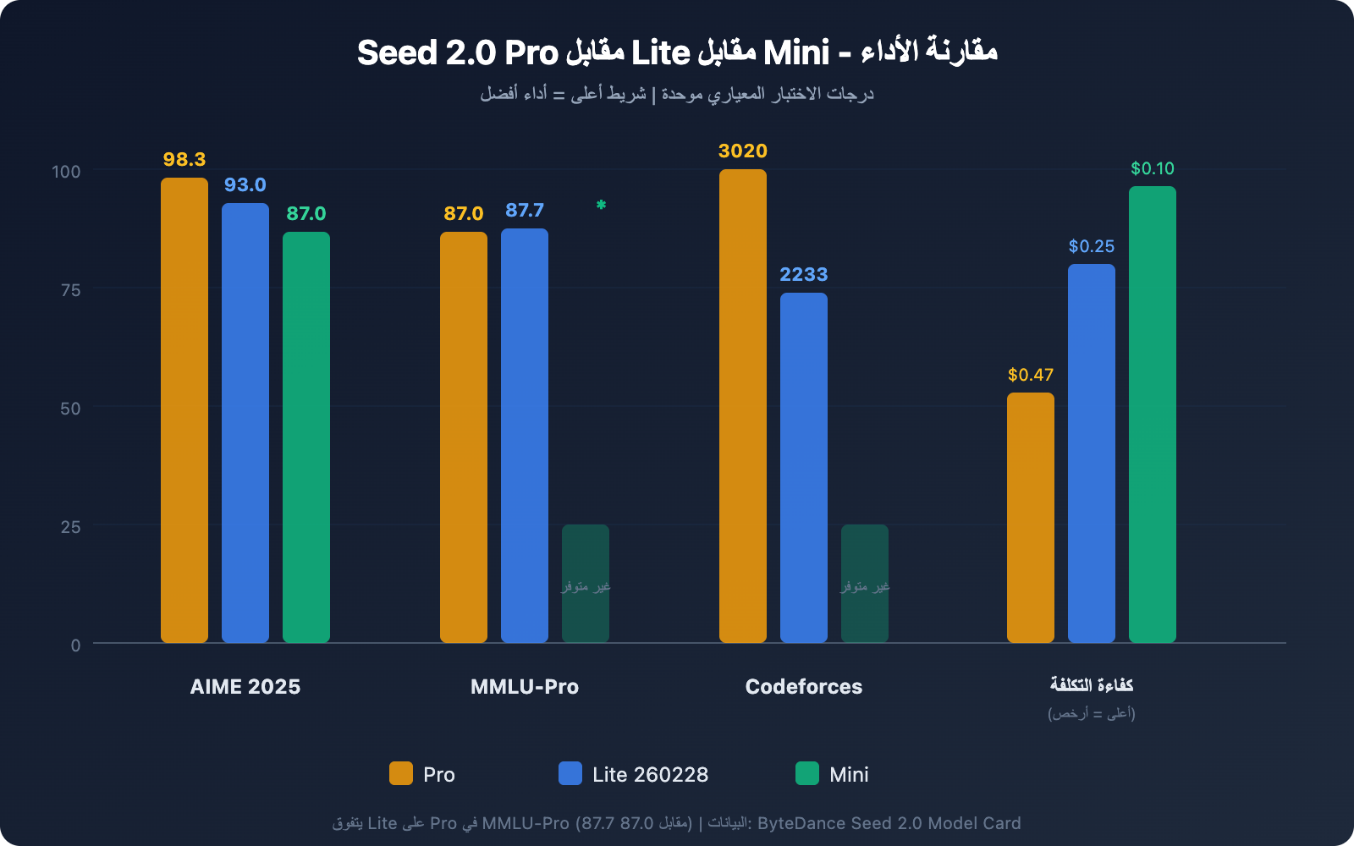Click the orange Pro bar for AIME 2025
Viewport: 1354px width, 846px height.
point(184,410)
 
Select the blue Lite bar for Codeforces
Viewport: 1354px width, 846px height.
point(804,468)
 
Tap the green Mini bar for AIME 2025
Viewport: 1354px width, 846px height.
point(306,437)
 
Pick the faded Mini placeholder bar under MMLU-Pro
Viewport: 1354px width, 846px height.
point(586,584)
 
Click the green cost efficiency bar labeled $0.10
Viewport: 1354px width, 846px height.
point(1153,415)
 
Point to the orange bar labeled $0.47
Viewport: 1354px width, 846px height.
point(1031,518)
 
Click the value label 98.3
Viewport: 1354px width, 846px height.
point(184,160)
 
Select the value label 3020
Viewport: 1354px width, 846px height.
point(743,151)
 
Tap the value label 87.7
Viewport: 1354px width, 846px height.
point(525,211)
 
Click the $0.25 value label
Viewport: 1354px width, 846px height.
point(1092,246)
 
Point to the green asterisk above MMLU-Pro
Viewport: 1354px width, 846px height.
point(601,205)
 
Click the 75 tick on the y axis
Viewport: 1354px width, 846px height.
point(70,290)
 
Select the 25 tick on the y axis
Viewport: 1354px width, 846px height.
point(70,527)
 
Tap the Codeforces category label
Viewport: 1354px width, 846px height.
point(804,687)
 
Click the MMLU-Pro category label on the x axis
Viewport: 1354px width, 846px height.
point(525,687)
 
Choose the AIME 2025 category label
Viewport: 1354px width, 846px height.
point(245,687)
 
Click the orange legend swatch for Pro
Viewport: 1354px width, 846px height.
point(401,773)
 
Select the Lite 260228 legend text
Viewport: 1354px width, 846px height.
point(650,775)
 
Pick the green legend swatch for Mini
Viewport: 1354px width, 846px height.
point(807,773)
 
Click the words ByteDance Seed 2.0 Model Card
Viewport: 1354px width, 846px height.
point(889,823)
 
